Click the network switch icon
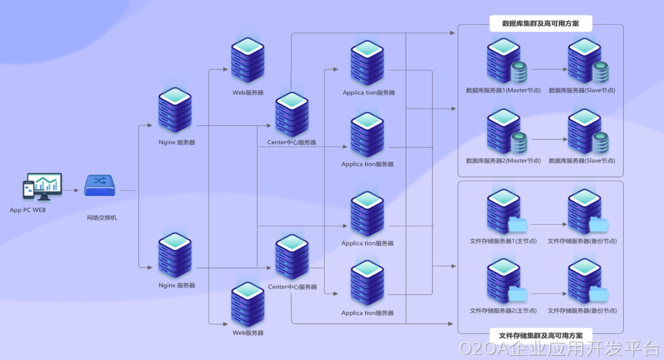coord(99,186)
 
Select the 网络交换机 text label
coord(102,218)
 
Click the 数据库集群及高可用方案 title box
coord(541,24)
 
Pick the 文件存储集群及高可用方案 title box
coord(541,335)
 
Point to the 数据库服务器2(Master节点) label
coord(503,161)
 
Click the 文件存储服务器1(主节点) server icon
coord(503,211)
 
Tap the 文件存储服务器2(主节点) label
coord(503,310)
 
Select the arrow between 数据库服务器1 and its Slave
coord(547,70)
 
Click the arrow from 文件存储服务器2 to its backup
coord(547,294)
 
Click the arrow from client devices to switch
coord(71,190)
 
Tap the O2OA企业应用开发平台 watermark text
coord(560,348)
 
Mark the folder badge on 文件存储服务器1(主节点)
coord(518,224)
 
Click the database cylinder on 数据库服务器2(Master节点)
coord(519,142)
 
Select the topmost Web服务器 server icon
coord(247,59)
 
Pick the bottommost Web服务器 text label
coord(248,333)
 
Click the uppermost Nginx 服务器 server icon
coord(175,109)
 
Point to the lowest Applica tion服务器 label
coord(367,313)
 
